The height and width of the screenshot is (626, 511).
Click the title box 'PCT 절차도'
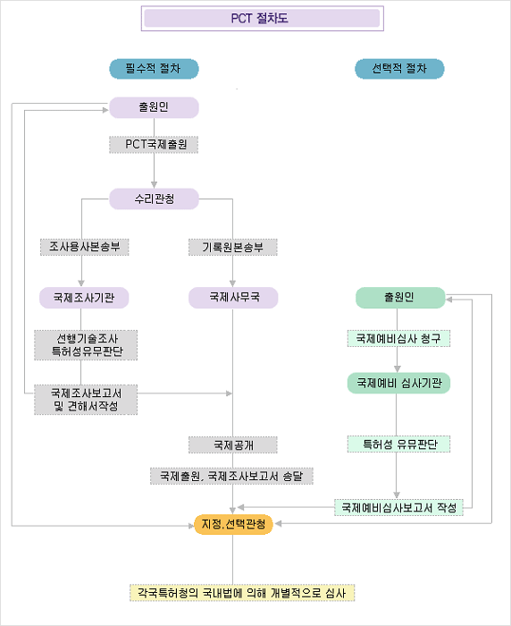click(x=262, y=19)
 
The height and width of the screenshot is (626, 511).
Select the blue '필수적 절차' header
click(x=154, y=69)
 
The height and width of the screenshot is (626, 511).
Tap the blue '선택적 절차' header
click(x=399, y=69)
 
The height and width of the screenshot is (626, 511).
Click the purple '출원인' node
click(x=154, y=107)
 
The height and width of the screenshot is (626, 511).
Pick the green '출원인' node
click(x=400, y=298)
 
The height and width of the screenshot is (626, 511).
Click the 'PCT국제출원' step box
click(x=154, y=145)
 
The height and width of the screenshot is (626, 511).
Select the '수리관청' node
click(x=154, y=199)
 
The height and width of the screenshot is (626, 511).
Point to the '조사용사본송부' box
click(x=85, y=247)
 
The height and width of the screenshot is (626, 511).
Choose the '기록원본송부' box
click(x=233, y=247)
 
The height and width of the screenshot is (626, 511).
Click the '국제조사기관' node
click(x=84, y=298)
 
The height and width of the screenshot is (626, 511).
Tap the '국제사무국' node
click(x=233, y=298)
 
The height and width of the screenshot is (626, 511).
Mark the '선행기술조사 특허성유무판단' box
click(x=86, y=345)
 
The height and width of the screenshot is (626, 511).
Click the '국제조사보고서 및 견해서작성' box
click(x=86, y=400)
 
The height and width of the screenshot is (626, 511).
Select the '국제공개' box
click(x=233, y=444)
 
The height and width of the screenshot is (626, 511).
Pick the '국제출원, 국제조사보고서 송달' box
click(x=231, y=476)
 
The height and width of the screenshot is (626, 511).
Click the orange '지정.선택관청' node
click(x=233, y=524)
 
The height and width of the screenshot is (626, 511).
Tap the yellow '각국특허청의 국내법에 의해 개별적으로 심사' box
click(x=242, y=592)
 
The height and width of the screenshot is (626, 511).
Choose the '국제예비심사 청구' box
click(x=399, y=339)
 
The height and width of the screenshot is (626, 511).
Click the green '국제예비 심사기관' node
click(x=399, y=384)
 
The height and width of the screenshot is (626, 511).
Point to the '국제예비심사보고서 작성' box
click(x=399, y=507)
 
